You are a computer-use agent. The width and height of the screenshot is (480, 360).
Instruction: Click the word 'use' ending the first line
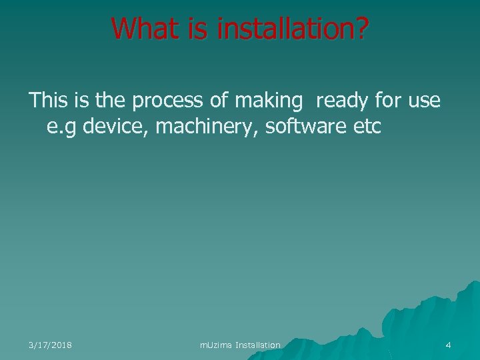(424, 101)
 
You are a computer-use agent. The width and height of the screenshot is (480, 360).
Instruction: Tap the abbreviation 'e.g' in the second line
(61, 127)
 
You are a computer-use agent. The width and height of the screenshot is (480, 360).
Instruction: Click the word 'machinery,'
(207, 127)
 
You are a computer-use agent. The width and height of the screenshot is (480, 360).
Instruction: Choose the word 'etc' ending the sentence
(365, 127)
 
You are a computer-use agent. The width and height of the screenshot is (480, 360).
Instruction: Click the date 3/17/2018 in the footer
(51, 345)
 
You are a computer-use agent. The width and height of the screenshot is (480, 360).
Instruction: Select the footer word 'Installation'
(258, 345)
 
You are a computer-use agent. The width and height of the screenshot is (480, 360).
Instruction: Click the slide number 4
(448, 345)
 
